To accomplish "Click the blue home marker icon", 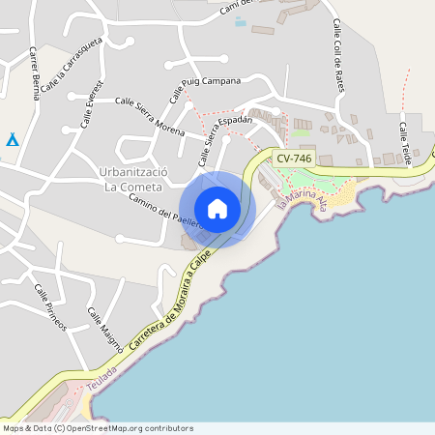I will coord(217,209).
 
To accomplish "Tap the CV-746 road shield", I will coord(293,158).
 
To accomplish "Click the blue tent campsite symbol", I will coord(12,140).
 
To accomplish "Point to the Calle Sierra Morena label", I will coord(150,115).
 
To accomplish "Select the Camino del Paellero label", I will coord(164,210).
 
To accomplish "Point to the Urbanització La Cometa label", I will coord(134,178).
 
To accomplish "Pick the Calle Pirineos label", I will coord(50,308).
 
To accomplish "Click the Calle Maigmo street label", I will coord(104,328).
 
